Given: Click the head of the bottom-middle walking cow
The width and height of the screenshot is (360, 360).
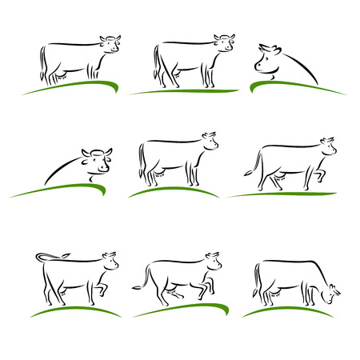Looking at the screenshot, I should tap(213, 262).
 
